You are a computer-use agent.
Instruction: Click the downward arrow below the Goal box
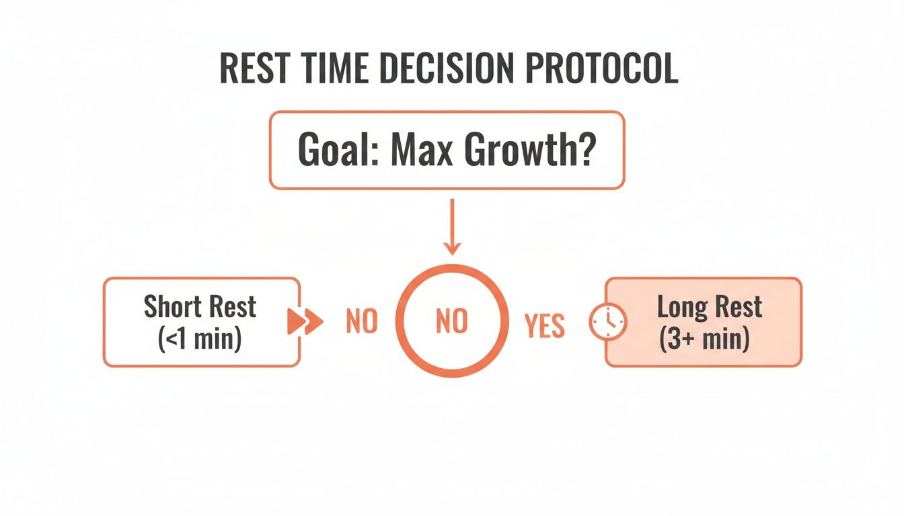[x=452, y=228]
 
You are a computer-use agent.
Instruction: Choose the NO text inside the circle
[x=451, y=322]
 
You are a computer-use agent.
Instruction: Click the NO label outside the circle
[x=361, y=322]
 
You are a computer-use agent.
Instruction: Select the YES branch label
[x=544, y=325]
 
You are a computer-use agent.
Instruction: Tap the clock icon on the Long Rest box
[x=607, y=322]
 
